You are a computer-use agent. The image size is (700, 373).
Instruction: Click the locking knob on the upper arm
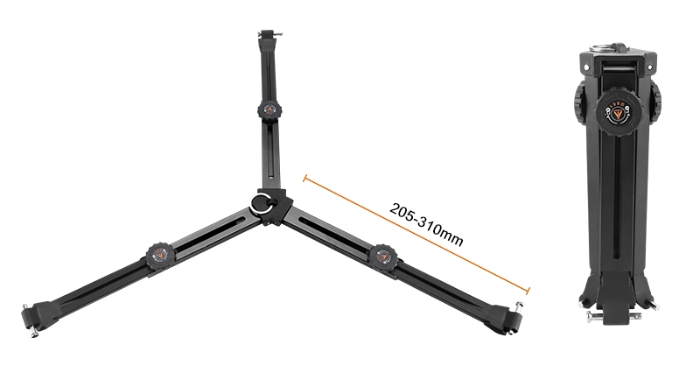pyautogui.click(x=267, y=110)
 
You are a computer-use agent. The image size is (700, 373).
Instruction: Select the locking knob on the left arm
pyautogui.click(x=158, y=257)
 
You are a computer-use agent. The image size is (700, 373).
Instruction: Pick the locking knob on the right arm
pyautogui.click(x=382, y=257)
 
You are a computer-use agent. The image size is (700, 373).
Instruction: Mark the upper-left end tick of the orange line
pyautogui.click(x=304, y=179)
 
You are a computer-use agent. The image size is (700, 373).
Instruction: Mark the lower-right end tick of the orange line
pyautogui.click(x=528, y=292)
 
